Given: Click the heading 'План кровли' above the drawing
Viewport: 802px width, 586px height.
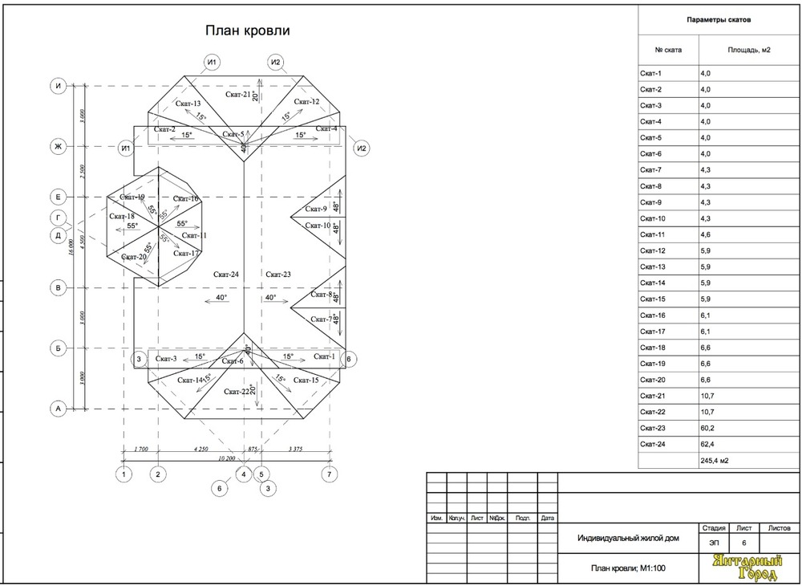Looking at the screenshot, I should (247, 31).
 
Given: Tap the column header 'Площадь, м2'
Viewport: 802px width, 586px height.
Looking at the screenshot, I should (748, 51).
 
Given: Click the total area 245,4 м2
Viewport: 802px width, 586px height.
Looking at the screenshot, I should (715, 460).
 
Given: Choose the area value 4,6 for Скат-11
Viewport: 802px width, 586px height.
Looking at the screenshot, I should (706, 234).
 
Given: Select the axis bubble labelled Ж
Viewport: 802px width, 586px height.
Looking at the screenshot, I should (58, 147).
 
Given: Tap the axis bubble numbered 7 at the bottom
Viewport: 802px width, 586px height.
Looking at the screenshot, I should (329, 474).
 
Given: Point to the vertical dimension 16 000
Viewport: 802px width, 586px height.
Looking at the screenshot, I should (72, 246).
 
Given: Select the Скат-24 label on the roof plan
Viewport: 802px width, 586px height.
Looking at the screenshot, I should (225, 275).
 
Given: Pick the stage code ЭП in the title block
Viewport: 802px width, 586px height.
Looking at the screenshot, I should (713, 543).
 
